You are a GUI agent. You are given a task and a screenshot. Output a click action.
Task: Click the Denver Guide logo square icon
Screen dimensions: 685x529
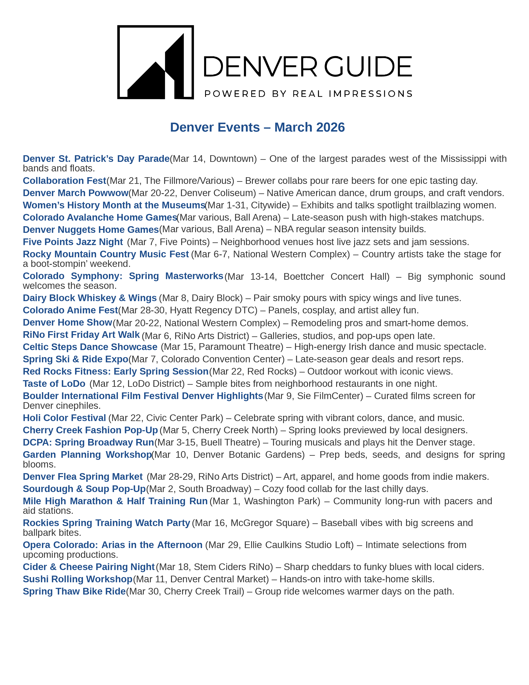[x=156, y=62]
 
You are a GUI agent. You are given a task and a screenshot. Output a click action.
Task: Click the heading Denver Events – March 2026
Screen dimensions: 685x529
[x=257, y=127]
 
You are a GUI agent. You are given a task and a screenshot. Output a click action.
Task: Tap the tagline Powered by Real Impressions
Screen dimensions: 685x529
[x=308, y=94]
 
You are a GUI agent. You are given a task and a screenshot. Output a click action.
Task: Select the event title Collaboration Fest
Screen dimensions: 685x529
[x=64, y=181]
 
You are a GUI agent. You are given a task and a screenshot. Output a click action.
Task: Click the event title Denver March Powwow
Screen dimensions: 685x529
[x=75, y=193]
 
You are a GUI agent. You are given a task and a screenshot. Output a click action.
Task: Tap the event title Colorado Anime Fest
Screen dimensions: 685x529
[x=70, y=310]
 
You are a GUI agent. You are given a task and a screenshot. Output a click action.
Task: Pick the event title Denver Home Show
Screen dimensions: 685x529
[x=67, y=322]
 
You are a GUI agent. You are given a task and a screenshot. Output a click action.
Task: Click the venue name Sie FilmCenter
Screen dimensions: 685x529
[x=330, y=396]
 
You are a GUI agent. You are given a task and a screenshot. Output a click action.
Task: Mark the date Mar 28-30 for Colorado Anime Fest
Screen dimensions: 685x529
[x=143, y=310]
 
